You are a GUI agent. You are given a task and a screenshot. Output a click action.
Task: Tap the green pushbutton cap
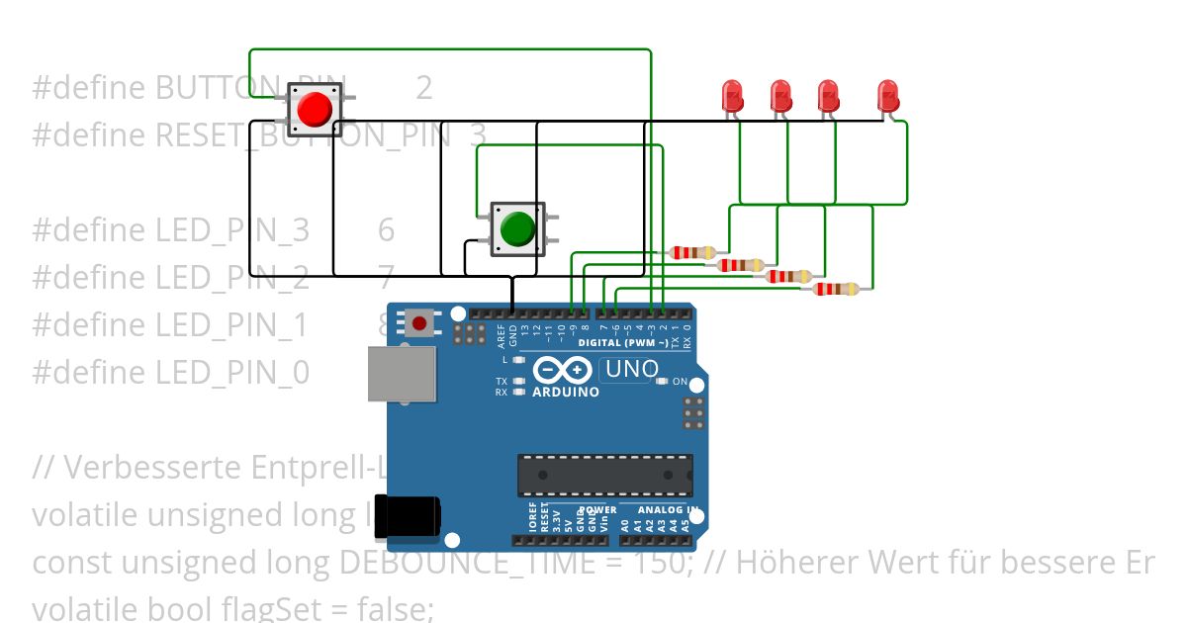(x=516, y=228)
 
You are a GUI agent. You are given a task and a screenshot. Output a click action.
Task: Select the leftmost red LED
(x=733, y=96)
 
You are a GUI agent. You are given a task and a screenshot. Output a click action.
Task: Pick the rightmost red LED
(x=888, y=96)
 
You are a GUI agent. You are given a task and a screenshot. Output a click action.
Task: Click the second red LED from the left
(x=781, y=96)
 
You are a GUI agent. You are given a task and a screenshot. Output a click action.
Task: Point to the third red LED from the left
(x=829, y=96)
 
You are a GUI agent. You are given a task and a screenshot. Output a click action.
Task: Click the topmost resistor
(x=692, y=253)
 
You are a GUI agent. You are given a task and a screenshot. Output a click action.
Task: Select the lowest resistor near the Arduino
(x=836, y=289)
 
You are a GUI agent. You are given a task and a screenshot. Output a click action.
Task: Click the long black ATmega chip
(x=604, y=476)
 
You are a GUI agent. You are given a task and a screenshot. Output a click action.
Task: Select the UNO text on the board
(x=630, y=370)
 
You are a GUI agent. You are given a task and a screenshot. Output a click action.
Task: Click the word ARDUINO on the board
(x=566, y=392)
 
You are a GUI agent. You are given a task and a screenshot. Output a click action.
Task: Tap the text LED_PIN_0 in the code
(x=232, y=373)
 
